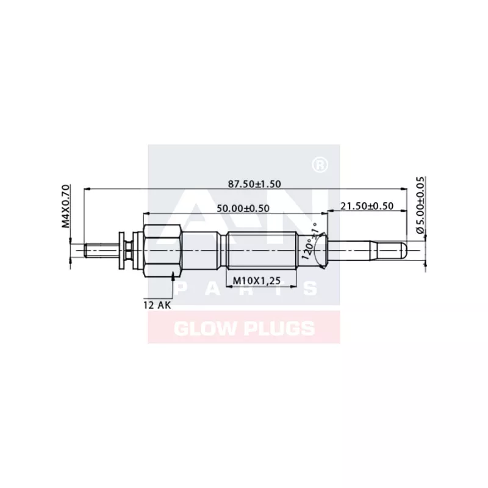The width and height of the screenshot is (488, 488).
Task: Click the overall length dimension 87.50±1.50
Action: (x=254, y=184)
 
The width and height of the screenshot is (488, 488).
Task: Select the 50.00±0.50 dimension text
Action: (x=243, y=208)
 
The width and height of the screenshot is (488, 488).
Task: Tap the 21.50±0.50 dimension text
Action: (x=366, y=206)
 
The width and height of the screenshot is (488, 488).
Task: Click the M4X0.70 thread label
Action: (x=66, y=206)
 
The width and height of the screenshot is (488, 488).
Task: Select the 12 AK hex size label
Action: (x=158, y=304)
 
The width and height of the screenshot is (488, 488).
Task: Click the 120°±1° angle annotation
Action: (x=309, y=242)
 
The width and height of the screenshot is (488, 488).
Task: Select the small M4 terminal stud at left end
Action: (x=101, y=249)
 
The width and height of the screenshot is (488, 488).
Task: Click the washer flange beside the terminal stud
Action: (x=121, y=250)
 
